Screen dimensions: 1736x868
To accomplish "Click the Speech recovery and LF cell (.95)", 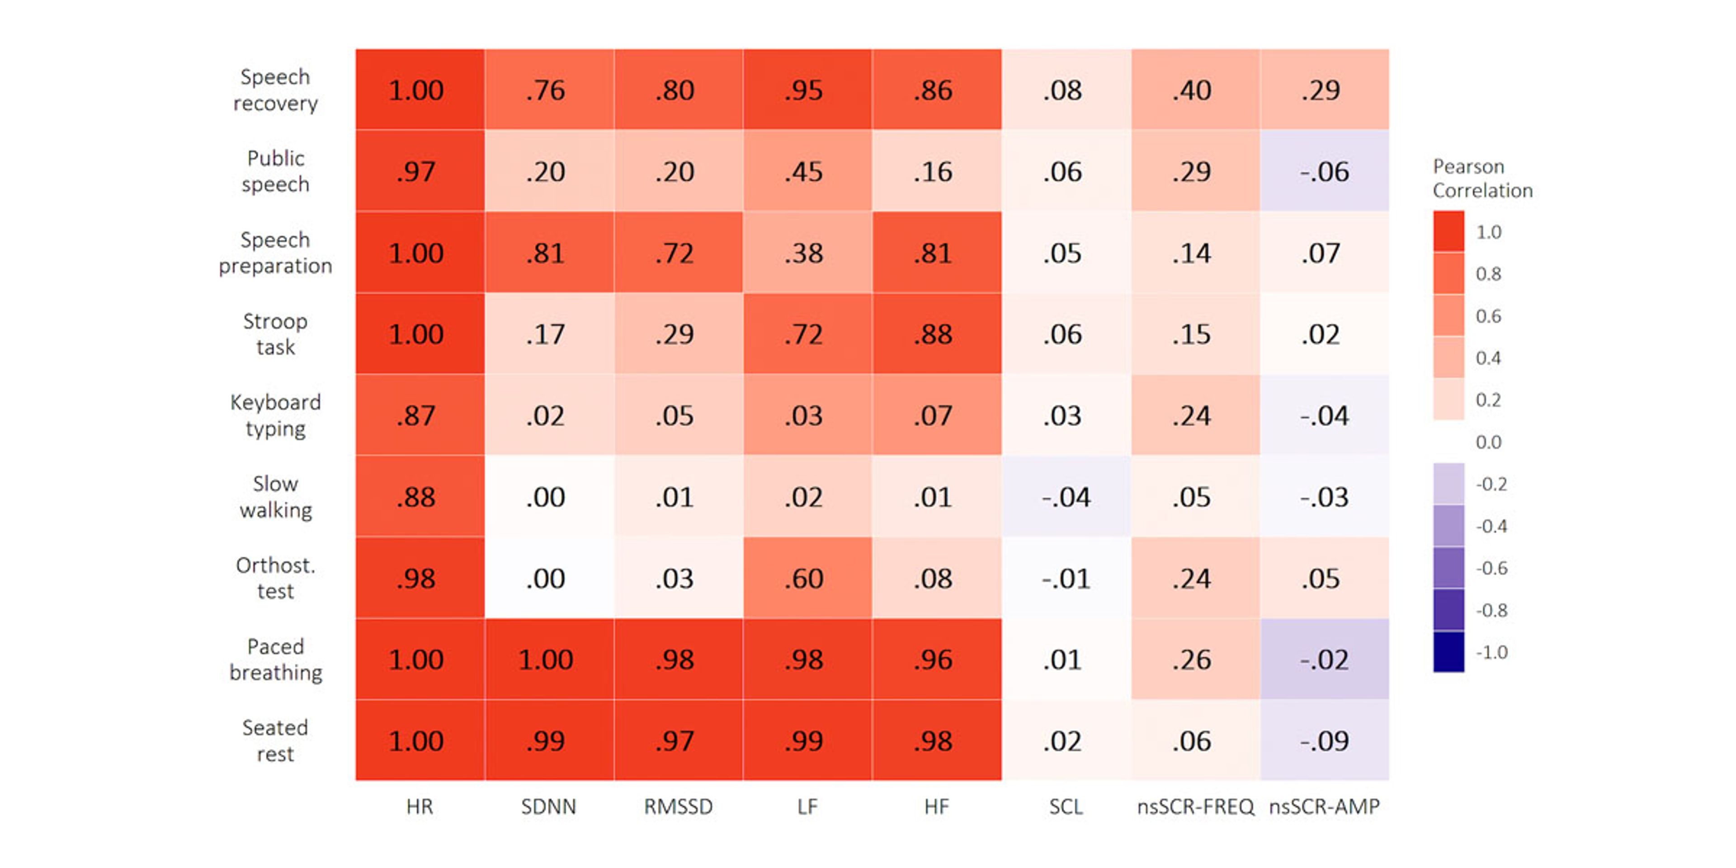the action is [x=807, y=89].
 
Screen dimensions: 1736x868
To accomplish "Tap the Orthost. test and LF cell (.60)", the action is [x=807, y=578].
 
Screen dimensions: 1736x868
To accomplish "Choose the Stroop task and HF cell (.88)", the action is [x=937, y=334].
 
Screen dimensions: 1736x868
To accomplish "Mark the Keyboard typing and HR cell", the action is [x=420, y=415].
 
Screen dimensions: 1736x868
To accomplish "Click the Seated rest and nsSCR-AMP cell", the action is [x=1324, y=740].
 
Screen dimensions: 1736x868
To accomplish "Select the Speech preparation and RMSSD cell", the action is [x=678, y=252].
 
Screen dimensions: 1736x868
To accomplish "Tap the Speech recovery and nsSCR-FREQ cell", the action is [x=1195, y=89].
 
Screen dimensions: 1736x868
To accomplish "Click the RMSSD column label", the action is [x=678, y=807].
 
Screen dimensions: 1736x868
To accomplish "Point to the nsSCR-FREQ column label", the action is [x=1195, y=807].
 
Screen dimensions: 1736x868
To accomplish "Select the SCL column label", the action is [x=1066, y=807].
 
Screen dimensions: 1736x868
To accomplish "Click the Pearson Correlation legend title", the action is [x=1483, y=179].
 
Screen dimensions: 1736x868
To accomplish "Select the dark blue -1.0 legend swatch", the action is [x=1448, y=651].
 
